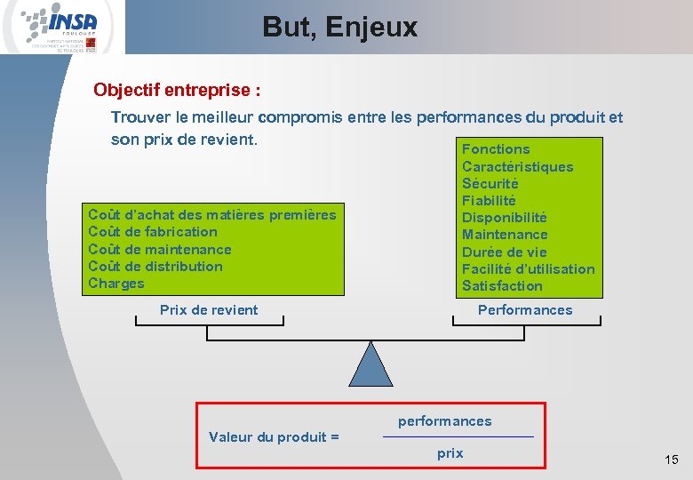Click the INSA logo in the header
tap(62, 27)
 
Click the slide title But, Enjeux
tap(339, 28)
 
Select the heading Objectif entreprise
tap(177, 91)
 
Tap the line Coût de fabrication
tap(153, 232)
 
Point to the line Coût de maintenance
tap(160, 250)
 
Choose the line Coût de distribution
tap(155, 267)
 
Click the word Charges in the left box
tap(115, 284)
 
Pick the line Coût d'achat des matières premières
tap(212, 214)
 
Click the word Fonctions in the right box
tap(496, 149)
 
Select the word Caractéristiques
tap(517, 167)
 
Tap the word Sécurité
tap(490, 184)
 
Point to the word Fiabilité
tap(489, 201)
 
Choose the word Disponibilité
tap(504, 218)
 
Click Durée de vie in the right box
tap(504, 252)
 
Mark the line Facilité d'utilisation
tap(528, 269)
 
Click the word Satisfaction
tap(501, 286)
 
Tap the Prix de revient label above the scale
tap(209, 310)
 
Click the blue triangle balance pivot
tap(370, 364)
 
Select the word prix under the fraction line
tap(450, 453)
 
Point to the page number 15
tap(671, 460)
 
